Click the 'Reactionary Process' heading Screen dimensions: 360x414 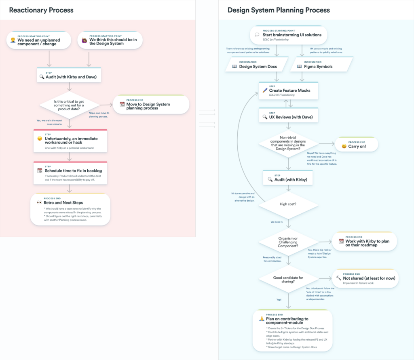click(41, 10)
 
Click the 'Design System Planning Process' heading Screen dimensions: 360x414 click(279, 10)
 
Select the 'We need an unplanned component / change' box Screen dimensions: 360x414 click(39, 40)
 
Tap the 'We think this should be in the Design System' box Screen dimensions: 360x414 click(110, 40)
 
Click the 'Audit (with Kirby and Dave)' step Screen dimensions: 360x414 click(69, 75)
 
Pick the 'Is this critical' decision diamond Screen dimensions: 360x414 click(69, 105)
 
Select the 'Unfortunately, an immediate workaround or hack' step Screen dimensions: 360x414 click(70, 141)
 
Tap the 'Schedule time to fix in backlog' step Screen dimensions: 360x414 click(70, 173)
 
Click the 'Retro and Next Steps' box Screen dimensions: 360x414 click(70, 209)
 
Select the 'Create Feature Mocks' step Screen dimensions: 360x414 click(289, 91)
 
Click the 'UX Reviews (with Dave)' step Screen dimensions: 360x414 click(289, 116)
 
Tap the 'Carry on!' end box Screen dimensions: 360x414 click(356, 145)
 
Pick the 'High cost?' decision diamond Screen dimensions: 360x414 click(288, 204)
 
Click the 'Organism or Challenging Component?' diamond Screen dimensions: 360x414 click(288, 242)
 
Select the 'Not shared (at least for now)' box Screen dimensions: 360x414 click(365, 279)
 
